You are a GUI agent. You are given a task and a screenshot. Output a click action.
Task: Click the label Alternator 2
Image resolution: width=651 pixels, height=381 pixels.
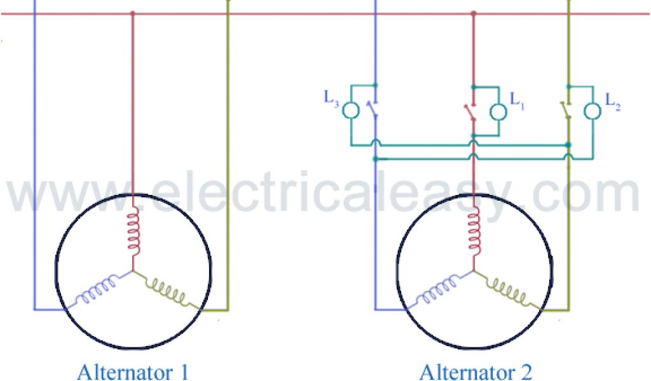(x=476, y=371)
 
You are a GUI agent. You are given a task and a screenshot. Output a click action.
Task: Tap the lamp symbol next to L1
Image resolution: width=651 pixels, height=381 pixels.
(x=498, y=112)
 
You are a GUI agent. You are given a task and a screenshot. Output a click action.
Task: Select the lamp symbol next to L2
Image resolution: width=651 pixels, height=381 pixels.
(x=593, y=112)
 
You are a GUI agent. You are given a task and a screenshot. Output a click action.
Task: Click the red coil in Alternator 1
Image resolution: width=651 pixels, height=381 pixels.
(x=133, y=231)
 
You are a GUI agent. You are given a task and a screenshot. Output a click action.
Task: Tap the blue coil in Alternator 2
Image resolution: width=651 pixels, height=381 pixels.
(x=437, y=290)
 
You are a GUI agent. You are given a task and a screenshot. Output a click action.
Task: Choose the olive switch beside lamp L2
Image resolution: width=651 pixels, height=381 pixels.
(x=566, y=109)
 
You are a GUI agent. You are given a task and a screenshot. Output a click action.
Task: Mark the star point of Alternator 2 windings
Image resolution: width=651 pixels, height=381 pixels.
(x=474, y=271)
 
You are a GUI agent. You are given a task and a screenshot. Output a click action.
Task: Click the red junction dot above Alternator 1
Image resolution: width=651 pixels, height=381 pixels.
(x=132, y=13)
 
